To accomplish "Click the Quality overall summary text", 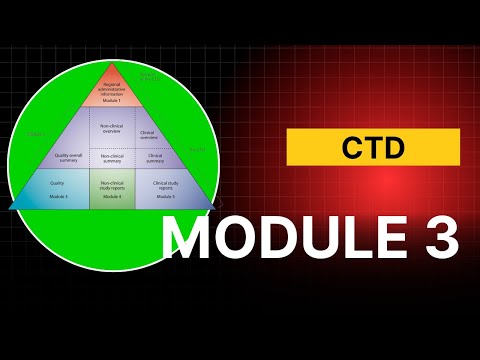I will click(x=67, y=157).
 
